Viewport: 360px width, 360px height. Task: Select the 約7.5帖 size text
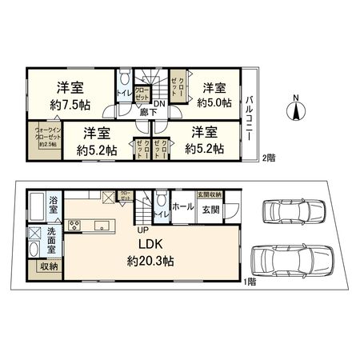72,104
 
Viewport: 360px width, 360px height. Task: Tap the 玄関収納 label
210,194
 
